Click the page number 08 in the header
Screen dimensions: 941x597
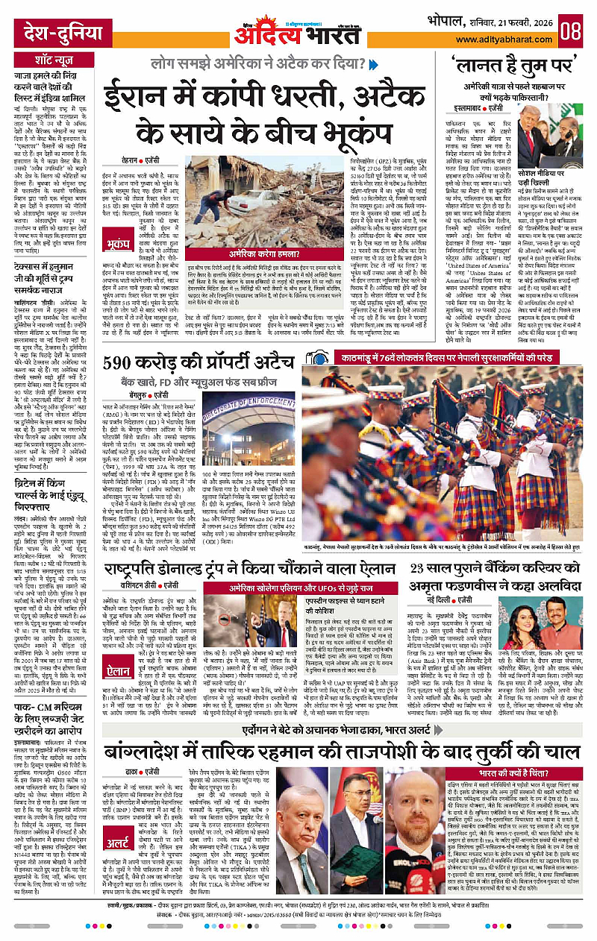coord(571,31)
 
